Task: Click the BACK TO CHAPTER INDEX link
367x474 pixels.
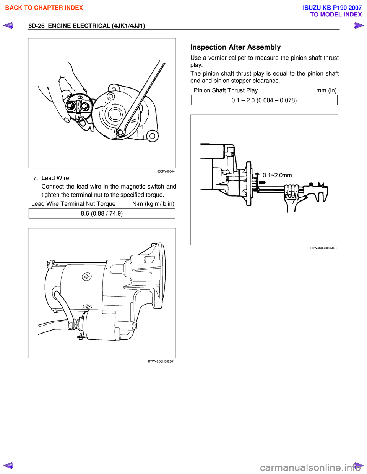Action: click(x=44, y=8)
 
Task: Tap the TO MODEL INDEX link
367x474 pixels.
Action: click(x=336, y=15)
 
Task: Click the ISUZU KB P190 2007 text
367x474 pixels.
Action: click(x=332, y=8)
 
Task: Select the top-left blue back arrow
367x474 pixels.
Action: click(x=8, y=26)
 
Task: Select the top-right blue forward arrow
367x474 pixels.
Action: click(x=358, y=26)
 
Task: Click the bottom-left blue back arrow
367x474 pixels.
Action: click(x=8, y=465)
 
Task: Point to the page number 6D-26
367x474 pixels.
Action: click(x=36, y=26)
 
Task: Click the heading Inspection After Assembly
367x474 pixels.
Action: click(x=235, y=47)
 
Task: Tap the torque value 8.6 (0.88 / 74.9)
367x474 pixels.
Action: click(x=102, y=213)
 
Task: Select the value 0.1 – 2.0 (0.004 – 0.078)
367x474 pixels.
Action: click(x=264, y=100)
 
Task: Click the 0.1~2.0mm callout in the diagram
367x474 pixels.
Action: click(x=277, y=175)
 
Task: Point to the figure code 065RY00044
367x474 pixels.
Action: click(x=166, y=171)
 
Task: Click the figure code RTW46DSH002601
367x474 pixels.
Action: click(x=161, y=361)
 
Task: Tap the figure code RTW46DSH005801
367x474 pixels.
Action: click(x=323, y=248)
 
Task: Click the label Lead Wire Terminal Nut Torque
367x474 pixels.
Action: click(x=73, y=204)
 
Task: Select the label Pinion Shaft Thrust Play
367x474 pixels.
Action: click(x=226, y=90)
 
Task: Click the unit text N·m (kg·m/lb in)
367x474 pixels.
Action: click(x=153, y=204)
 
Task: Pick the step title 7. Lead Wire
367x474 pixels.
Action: click(x=51, y=178)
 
